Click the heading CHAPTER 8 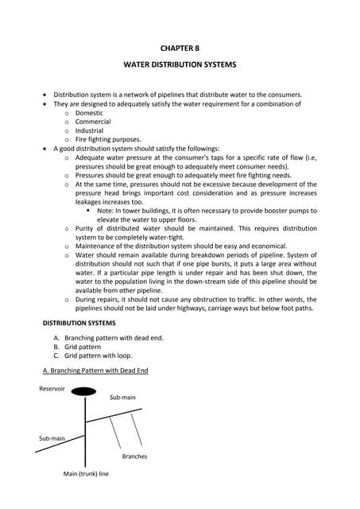point(179,49)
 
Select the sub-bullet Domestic point(89,113)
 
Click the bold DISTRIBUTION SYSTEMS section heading point(79,324)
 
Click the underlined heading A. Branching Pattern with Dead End point(95,371)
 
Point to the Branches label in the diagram point(134,457)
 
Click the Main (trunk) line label point(86,474)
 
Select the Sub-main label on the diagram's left point(52,438)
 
